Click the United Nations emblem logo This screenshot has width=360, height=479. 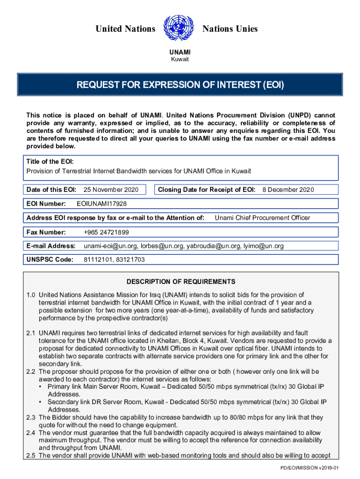click(179, 29)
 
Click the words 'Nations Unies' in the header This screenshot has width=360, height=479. click(230, 29)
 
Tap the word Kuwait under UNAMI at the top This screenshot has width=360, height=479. click(180, 59)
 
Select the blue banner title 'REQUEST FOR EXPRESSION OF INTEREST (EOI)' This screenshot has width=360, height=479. click(180, 86)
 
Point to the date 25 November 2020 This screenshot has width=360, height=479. click(111, 190)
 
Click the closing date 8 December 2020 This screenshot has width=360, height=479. click(288, 190)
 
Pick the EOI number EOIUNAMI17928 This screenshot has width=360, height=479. click(101, 204)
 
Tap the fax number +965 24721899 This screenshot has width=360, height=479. click(106, 232)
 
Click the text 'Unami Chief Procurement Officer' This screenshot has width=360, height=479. click(262, 218)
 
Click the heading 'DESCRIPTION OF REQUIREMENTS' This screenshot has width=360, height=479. click(180, 282)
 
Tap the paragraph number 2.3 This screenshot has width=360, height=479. click(31, 417)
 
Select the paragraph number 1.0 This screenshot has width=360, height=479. click(31, 295)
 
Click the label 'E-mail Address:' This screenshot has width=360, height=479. click(51, 246)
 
